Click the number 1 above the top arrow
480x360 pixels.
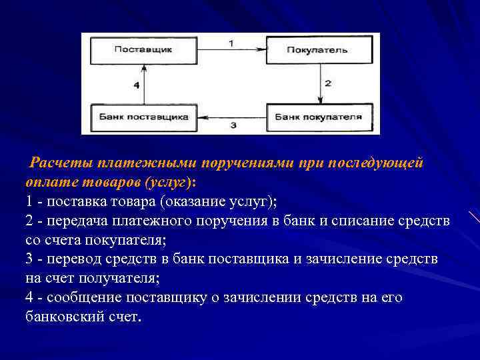click(231, 42)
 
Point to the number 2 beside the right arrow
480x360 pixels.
click(327, 83)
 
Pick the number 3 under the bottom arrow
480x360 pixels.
click(233, 125)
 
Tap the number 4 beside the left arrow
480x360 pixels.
click(136, 85)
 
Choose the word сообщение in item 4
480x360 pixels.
click(83, 297)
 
